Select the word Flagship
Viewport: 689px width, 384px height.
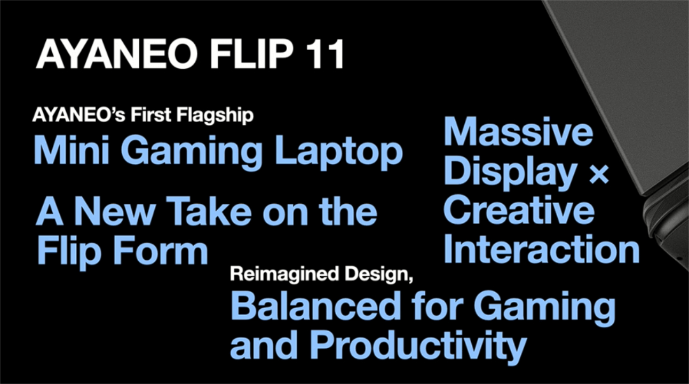(x=215, y=116)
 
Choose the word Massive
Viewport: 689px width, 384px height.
(x=518, y=131)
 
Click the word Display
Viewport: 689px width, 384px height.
(x=510, y=172)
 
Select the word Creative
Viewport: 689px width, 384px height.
(x=519, y=210)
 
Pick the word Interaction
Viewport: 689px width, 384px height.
(x=542, y=249)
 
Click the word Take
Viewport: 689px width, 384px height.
(x=211, y=212)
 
